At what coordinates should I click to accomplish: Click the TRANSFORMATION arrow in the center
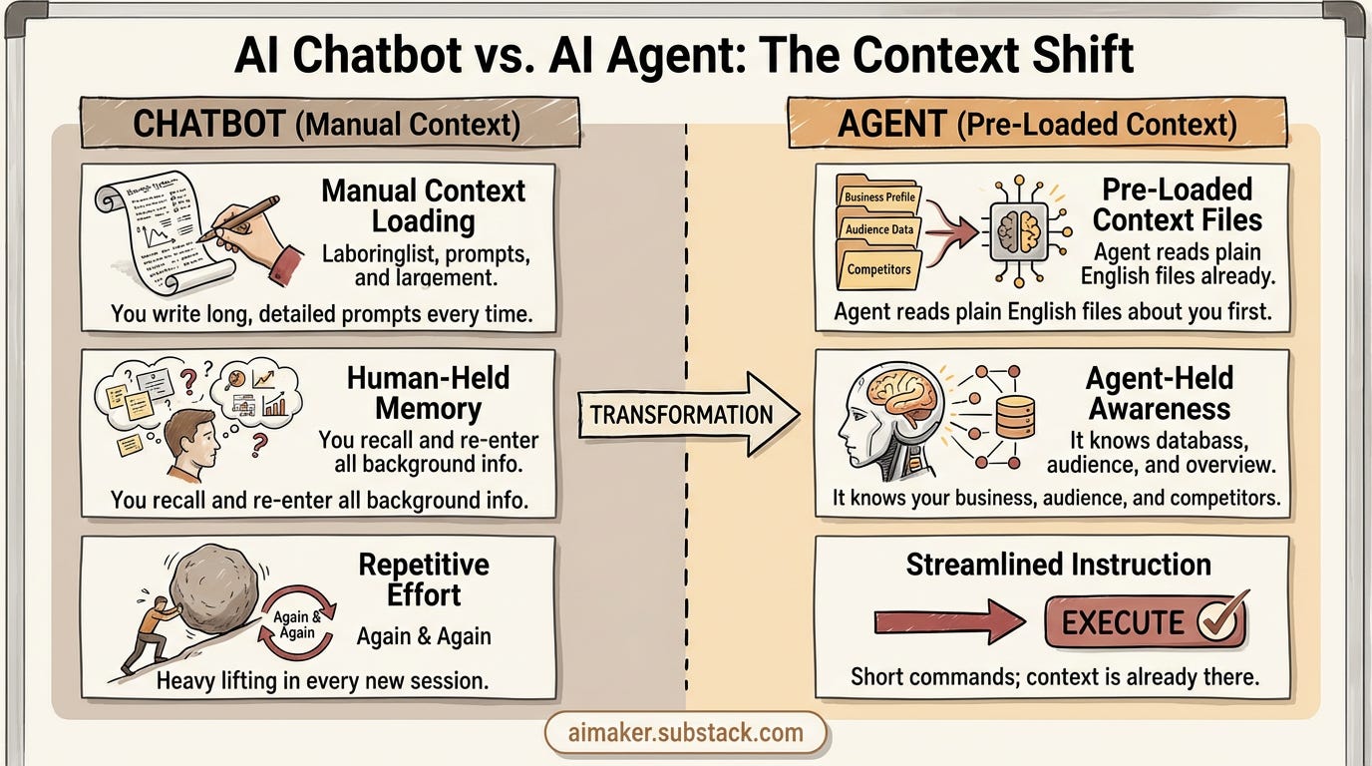pos(688,414)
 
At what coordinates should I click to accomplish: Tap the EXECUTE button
pos(1144,621)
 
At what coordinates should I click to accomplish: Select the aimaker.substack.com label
pos(686,733)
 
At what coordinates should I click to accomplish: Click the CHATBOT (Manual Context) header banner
pos(329,124)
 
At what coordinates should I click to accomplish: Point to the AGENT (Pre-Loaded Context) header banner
pos(1036,124)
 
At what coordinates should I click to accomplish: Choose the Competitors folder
pos(878,268)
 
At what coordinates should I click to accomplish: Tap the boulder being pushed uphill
pos(213,587)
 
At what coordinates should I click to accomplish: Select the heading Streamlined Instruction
pos(1058,565)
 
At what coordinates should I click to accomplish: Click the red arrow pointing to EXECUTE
pos(948,622)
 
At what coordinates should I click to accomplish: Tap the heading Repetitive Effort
pos(424,578)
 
